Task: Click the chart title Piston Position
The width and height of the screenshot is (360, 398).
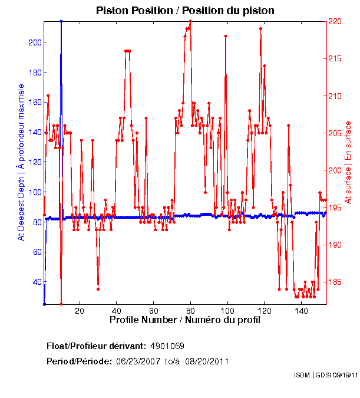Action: pyautogui.click(x=186, y=11)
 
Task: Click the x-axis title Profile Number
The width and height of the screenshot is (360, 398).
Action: pyautogui.click(x=184, y=320)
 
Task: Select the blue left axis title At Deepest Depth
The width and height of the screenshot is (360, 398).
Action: pyautogui.click(x=21, y=162)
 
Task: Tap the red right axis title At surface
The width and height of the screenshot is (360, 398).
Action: pyautogui.click(x=348, y=162)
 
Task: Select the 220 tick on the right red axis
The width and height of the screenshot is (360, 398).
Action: pyautogui.click(x=334, y=21)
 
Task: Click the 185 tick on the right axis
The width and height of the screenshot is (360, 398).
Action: pyautogui.click(x=334, y=282)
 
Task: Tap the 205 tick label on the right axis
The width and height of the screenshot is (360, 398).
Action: pyautogui.click(x=334, y=133)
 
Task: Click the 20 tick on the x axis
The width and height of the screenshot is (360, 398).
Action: pyautogui.click(x=80, y=311)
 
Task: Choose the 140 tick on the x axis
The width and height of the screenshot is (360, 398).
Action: pyautogui.click(x=302, y=311)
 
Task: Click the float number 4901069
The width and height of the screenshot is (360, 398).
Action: pyautogui.click(x=171, y=345)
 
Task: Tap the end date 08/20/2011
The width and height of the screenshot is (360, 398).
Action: pyautogui.click(x=207, y=361)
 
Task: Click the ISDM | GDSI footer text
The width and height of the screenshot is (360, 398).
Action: pyautogui.click(x=325, y=375)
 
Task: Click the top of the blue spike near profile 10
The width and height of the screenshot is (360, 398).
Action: pyautogui.click(x=61, y=21)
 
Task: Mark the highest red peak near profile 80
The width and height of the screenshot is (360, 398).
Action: pyautogui.click(x=190, y=21)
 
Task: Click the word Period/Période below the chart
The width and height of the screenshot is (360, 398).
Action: pyautogui.click(x=79, y=361)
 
